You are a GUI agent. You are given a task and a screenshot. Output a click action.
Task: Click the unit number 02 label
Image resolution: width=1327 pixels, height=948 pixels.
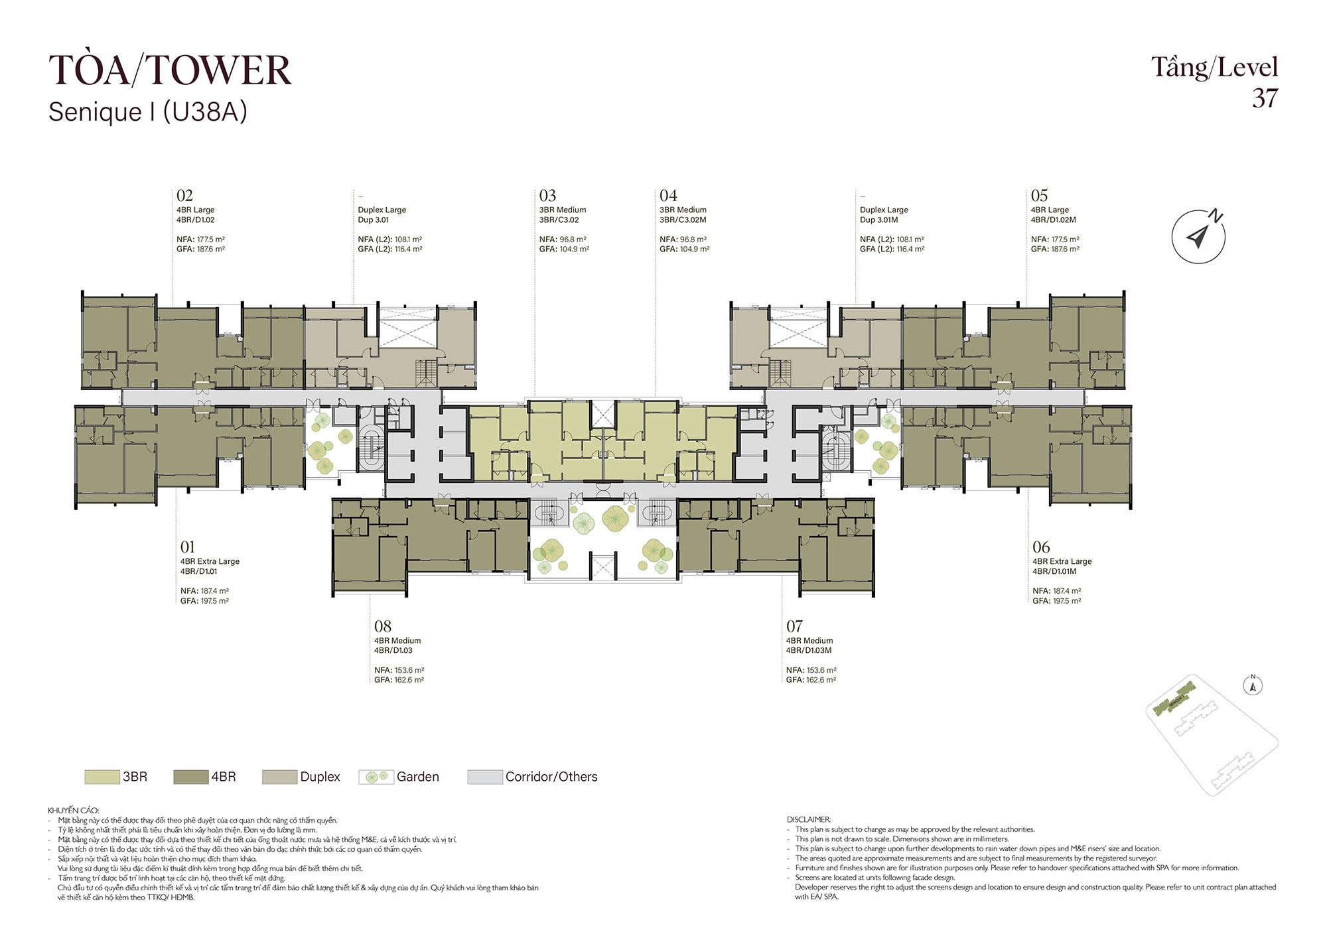(x=184, y=196)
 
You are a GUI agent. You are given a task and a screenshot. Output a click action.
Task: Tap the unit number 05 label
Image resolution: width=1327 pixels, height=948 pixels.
(x=1039, y=196)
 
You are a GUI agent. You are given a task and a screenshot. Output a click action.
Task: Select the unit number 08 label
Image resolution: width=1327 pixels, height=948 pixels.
(x=383, y=626)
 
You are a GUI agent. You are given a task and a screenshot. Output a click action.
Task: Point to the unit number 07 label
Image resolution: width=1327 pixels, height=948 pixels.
(x=794, y=626)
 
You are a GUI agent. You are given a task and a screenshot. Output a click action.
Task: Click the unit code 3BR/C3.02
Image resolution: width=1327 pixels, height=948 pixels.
(x=559, y=220)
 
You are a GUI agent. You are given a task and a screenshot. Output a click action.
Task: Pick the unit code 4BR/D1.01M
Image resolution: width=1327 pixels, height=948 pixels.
(x=1054, y=571)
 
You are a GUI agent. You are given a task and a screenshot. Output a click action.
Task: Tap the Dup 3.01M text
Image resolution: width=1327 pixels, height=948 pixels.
(x=878, y=220)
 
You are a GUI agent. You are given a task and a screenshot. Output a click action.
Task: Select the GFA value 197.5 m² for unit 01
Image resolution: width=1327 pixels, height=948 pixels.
(x=214, y=601)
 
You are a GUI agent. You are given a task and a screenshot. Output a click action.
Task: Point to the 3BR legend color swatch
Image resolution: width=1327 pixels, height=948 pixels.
(x=102, y=777)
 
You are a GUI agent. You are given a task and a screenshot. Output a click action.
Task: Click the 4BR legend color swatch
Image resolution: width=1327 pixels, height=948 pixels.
(x=191, y=777)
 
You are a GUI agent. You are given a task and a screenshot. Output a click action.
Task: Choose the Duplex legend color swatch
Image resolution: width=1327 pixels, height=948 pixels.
(x=279, y=777)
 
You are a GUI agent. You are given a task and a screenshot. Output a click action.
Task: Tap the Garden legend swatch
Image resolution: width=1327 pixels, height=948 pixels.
(x=376, y=777)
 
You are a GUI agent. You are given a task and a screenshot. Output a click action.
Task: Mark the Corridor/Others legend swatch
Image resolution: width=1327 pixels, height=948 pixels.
(x=485, y=777)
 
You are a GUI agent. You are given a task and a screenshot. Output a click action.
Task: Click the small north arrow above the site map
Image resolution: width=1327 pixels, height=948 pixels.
(x=1253, y=685)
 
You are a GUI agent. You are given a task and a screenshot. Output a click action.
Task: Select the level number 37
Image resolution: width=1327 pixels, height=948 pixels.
(x=1265, y=98)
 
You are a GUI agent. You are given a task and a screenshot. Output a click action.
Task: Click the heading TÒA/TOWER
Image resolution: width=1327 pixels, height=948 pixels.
(x=170, y=70)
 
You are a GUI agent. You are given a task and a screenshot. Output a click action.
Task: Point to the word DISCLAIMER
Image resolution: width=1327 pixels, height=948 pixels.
(x=809, y=819)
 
